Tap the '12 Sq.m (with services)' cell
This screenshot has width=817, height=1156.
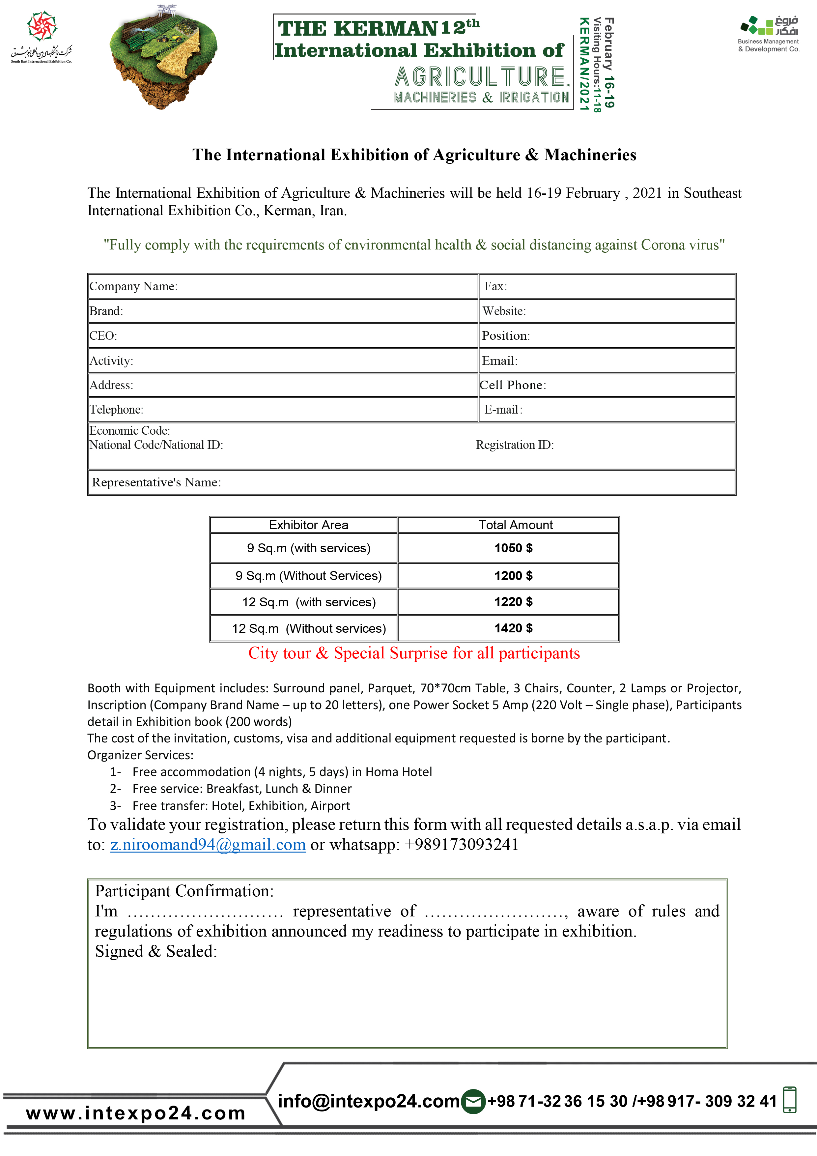tap(309, 602)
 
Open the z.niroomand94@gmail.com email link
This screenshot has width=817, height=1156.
tap(208, 844)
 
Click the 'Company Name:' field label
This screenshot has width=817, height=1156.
tap(133, 286)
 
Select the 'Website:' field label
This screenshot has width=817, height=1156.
tap(504, 311)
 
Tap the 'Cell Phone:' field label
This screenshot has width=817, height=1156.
tap(513, 385)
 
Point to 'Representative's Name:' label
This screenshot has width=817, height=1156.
tap(156, 482)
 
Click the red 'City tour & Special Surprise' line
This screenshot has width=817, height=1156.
tap(414, 653)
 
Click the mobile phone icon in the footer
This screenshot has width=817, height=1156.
tap(789, 1100)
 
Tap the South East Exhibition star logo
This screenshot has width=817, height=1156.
tap(42, 26)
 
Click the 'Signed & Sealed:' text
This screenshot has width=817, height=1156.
tap(156, 951)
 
